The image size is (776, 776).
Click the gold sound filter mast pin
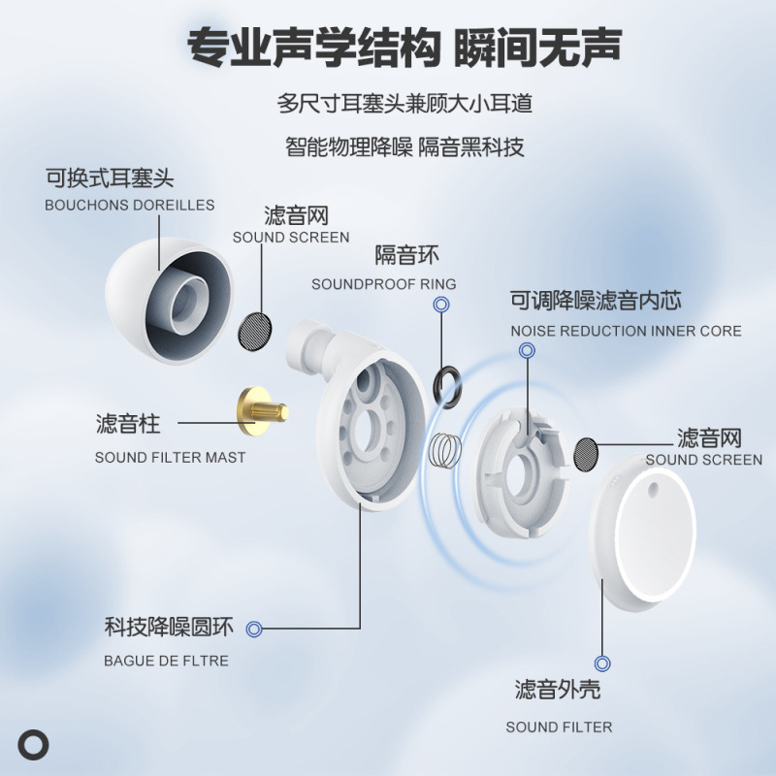[262, 410]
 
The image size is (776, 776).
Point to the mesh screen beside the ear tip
[256, 330]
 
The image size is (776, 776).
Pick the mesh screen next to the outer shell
[586, 454]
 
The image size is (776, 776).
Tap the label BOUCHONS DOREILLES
[129, 206]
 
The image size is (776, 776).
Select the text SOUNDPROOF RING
[383, 284]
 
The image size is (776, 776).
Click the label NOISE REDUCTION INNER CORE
[626, 331]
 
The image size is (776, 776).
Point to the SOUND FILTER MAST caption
[170, 457]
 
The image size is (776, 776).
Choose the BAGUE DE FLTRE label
[166, 661]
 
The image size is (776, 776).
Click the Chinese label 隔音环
[407, 256]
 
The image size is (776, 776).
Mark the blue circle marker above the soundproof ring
[441, 305]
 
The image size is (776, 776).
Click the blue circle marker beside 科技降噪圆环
[254, 629]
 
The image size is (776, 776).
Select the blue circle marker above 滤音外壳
[602, 663]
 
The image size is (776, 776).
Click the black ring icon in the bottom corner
[34, 744]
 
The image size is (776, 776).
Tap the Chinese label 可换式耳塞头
[109, 178]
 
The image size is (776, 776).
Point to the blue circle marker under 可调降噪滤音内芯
[527, 350]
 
